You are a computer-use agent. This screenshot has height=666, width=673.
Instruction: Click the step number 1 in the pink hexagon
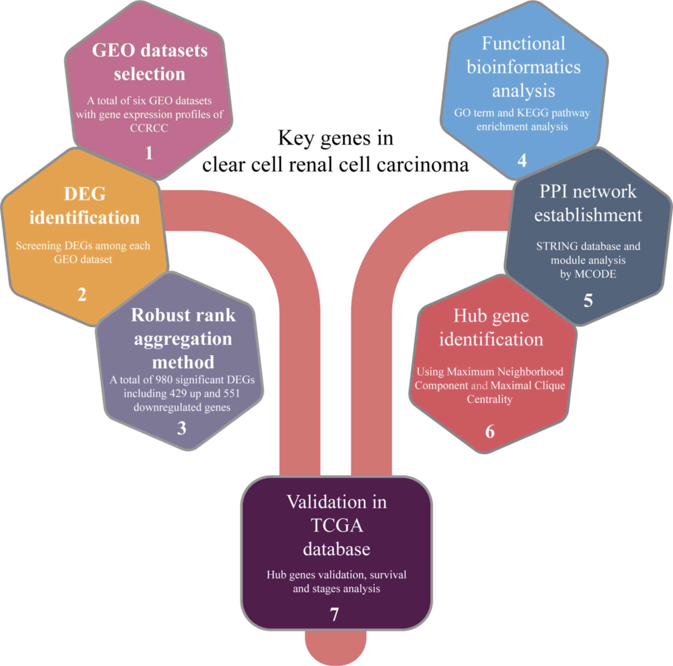click(x=149, y=153)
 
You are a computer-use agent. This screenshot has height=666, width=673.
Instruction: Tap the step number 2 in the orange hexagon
click(x=81, y=295)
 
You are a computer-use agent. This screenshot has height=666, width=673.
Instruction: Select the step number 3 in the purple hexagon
click(x=181, y=428)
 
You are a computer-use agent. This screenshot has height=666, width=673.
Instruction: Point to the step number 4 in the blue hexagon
click(x=522, y=160)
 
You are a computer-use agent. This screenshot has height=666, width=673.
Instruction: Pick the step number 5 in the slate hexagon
click(x=588, y=300)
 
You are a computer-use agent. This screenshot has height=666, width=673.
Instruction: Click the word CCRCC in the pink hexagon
click(x=149, y=128)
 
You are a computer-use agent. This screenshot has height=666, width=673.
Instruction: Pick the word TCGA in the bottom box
click(x=336, y=526)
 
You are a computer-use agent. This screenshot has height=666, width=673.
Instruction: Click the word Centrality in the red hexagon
click(x=489, y=399)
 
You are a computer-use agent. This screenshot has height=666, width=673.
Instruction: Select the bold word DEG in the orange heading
click(x=85, y=194)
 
